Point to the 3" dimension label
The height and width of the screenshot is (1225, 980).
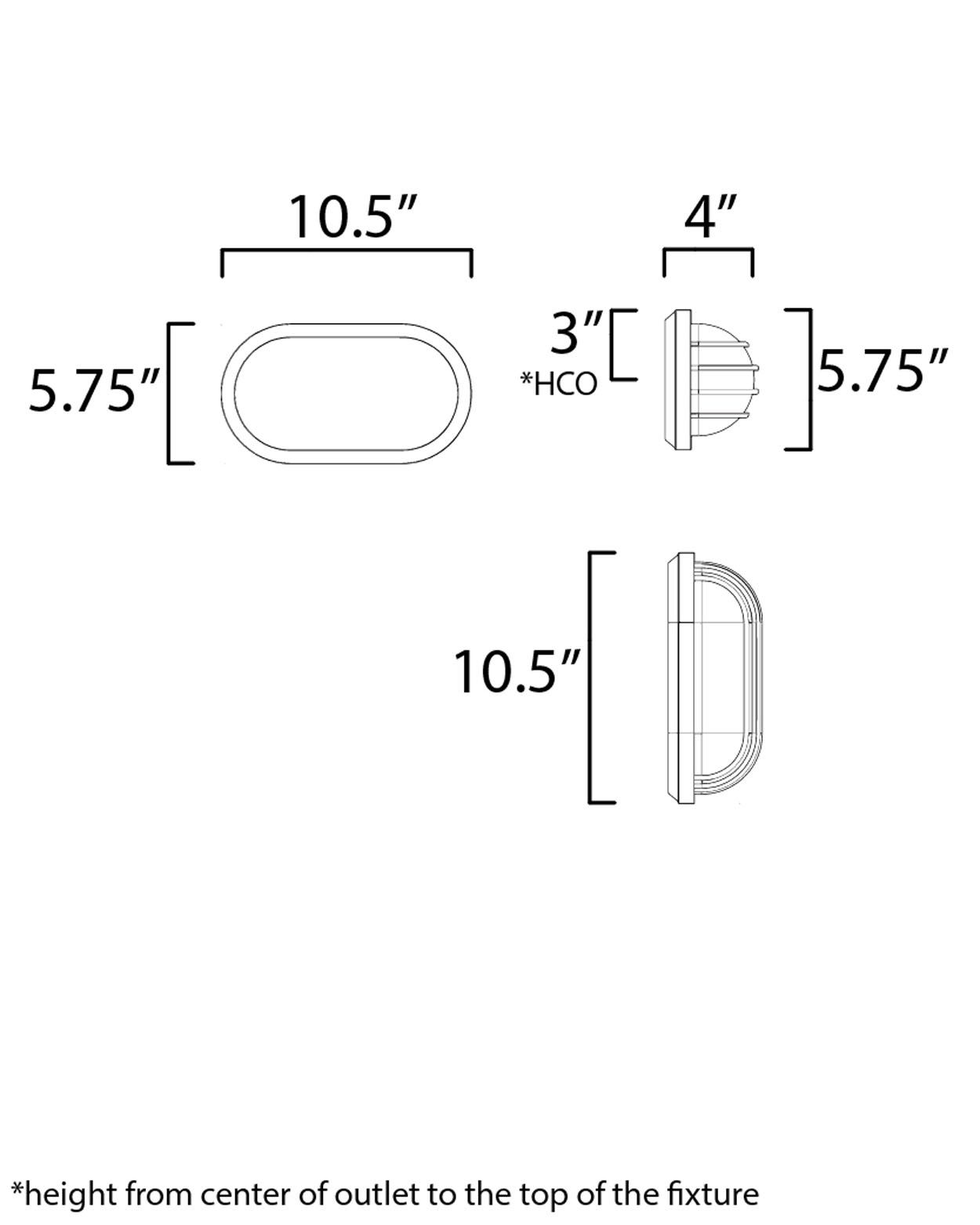(575, 333)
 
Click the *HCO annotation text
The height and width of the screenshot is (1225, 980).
(558, 384)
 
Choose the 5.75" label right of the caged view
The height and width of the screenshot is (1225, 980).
(883, 370)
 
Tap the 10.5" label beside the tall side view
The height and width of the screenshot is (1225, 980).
(517, 673)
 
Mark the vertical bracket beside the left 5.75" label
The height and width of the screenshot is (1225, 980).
(171, 392)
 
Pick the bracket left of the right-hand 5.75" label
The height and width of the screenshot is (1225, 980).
(808, 380)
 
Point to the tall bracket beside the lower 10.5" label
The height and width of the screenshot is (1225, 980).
(592, 678)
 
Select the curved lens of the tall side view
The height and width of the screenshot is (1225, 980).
(729, 678)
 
